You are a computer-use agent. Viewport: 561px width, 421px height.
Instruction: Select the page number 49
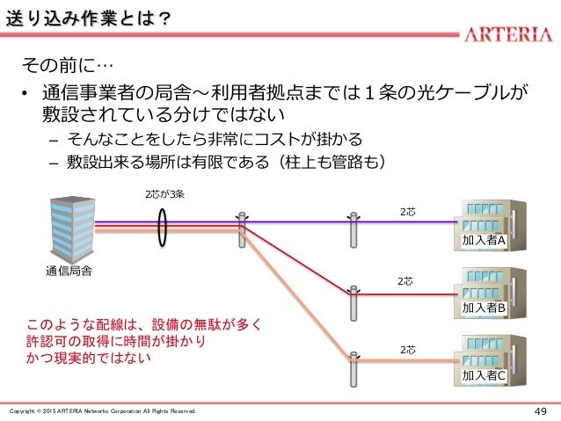click(x=539, y=411)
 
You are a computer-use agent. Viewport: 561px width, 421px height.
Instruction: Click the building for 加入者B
click(x=486, y=292)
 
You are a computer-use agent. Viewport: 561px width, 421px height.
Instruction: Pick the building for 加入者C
click(x=486, y=359)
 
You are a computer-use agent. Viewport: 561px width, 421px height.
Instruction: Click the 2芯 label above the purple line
click(x=409, y=211)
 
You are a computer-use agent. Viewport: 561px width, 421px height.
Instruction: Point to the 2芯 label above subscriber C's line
click(x=409, y=350)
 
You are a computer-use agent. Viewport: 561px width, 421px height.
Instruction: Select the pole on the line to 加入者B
click(x=353, y=304)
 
